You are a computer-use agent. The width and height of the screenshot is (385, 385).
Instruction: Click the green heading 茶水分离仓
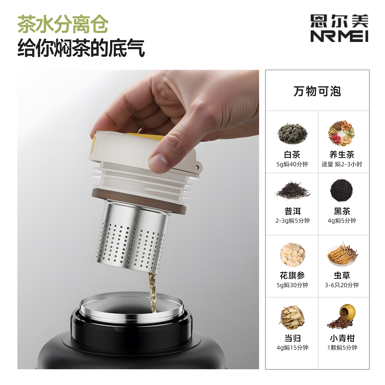tap(63, 25)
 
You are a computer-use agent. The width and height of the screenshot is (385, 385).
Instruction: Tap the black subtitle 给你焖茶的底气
tap(81, 48)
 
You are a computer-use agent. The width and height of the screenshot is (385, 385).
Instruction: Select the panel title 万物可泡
tap(317, 91)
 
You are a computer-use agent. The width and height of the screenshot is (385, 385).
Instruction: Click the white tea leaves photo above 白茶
tap(292, 134)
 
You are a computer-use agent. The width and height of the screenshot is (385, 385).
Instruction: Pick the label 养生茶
tap(342, 155)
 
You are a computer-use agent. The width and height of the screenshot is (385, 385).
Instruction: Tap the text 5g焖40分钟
tap(292, 164)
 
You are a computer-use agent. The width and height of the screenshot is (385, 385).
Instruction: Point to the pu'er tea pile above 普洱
tap(292, 191)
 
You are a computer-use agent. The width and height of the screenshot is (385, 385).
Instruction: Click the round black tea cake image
tap(341, 190)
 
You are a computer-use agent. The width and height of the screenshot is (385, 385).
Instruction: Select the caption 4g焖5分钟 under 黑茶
tap(342, 221)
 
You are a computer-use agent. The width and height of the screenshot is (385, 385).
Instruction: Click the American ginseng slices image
tap(292, 255)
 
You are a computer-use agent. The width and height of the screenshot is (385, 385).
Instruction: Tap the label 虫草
tap(342, 275)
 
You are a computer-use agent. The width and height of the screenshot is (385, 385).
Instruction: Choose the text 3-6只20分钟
tap(342, 285)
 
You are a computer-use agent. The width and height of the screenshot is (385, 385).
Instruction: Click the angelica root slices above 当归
tap(292, 318)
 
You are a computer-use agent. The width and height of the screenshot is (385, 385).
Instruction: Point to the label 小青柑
tap(342, 338)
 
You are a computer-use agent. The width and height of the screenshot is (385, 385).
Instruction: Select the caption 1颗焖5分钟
tap(342, 348)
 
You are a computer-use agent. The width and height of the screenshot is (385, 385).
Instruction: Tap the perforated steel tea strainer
tap(131, 241)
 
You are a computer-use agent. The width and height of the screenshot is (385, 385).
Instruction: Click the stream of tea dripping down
tap(152, 291)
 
